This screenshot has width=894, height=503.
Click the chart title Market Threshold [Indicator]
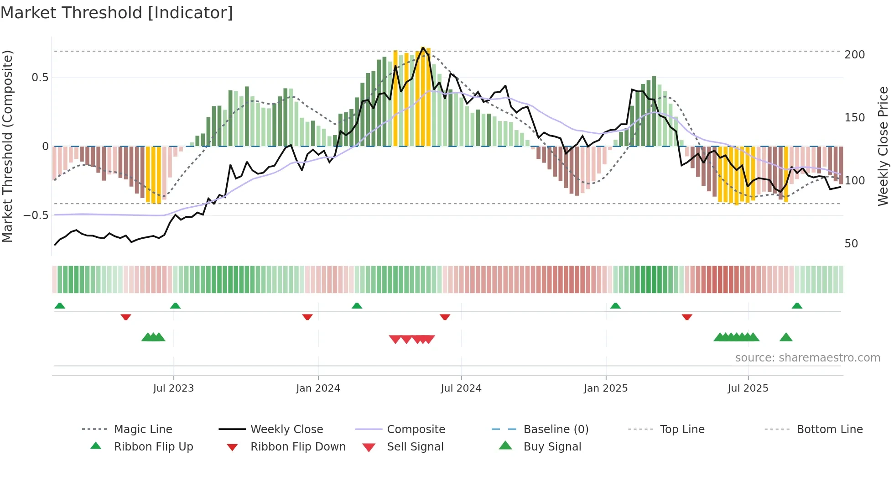click(x=117, y=13)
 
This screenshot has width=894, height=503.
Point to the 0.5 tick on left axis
click(x=40, y=78)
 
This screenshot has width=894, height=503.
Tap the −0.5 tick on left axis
click(x=36, y=215)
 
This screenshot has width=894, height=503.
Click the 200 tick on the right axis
click(x=854, y=55)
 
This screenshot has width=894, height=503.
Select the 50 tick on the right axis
click(x=851, y=244)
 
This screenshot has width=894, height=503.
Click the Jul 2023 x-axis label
click(x=173, y=388)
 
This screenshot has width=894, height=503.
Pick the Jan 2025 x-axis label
click(x=605, y=388)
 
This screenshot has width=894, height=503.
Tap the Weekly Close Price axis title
click(x=883, y=146)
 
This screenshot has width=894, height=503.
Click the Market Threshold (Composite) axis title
click(x=7, y=146)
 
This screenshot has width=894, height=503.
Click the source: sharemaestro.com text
click(x=807, y=358)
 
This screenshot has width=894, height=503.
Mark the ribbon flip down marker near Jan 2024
click(x=307, y=317)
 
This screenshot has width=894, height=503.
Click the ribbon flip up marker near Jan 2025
click(x=615, y=305)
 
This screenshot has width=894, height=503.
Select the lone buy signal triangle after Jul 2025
click(x=786, y=337)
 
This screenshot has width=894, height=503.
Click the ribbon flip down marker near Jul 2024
click(x=445, y=317)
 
